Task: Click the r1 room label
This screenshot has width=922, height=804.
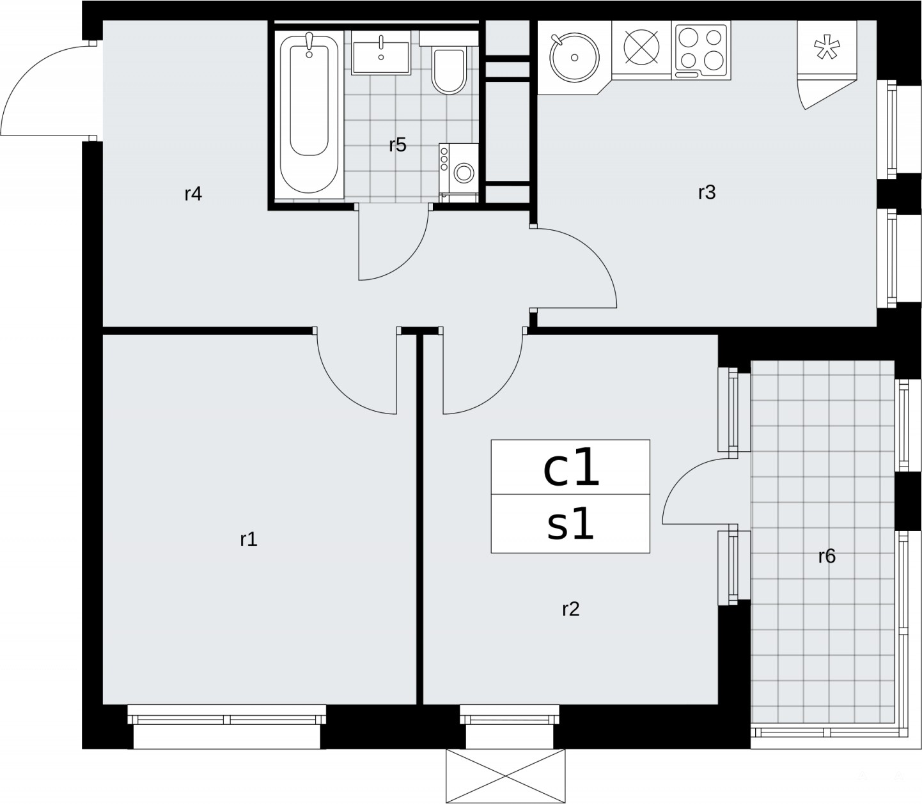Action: click(x=248, y=539)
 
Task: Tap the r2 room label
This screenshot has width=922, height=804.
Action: click(x=570, y=609)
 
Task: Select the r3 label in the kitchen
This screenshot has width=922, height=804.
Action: click(x=707, y=192)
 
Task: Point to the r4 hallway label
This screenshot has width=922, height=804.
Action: click(x=193, y=194)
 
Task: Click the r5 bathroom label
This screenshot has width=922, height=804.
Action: click(x=398, y=144)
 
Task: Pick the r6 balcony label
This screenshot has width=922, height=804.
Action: click(x=827, y=556)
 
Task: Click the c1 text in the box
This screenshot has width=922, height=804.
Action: click(x=572, y=470)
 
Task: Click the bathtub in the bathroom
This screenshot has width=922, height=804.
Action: click(x=309, y=114)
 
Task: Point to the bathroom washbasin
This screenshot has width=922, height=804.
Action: click(x=381, y=58)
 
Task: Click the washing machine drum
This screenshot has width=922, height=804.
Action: click(x=464, y=172)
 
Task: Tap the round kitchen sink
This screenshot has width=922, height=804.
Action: click(x=574, y=58)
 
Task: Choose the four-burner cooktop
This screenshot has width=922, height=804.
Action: click(x=701, y=50)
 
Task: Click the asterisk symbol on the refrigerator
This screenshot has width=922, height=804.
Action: click(x=827, y=49)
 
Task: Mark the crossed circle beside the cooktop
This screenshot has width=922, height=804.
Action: click(x=641, y=47)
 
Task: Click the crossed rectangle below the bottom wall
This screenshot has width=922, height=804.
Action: click(x=505, y=776)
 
